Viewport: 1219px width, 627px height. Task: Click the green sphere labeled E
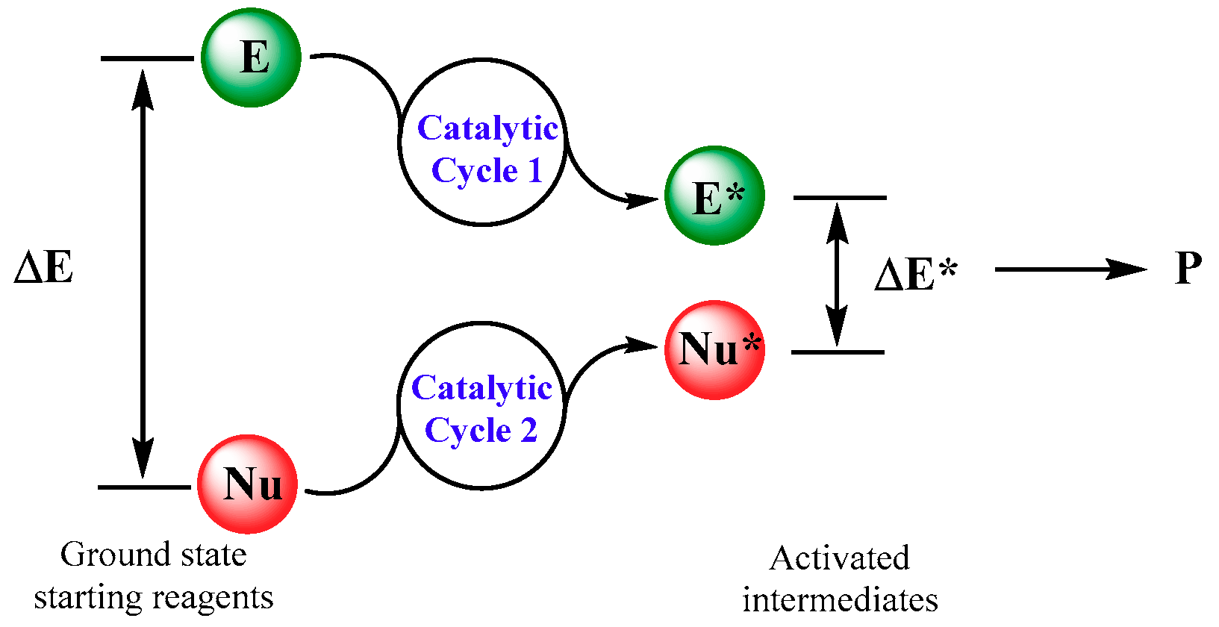pos(251,57)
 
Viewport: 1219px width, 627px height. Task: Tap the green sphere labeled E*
pos(714,196)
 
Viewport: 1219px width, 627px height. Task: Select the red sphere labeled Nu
pos(248,484)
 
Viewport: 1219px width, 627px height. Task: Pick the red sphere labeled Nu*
pos(714,350)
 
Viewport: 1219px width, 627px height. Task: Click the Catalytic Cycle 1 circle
pos(482,142)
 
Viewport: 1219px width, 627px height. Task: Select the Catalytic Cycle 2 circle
pos(481,406)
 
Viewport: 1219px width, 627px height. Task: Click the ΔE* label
pos(915,275)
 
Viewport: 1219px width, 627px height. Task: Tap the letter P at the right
pos(1188,268)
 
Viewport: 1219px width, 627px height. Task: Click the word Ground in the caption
pos(103,555)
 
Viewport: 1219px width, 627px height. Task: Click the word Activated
pos(840,558)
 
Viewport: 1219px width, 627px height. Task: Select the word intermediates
pos(840,600)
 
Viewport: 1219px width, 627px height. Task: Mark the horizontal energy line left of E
pos(147,58)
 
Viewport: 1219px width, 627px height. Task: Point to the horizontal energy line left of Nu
pos(144,487)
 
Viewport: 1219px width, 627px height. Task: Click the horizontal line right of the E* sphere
pos(840,198)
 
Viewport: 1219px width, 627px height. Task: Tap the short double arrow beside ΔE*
pos(838,275)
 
